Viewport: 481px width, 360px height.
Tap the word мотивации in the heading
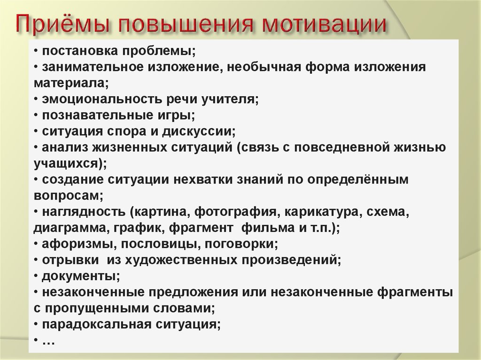pyautogui.click(x=324, y=23)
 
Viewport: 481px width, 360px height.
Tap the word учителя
pyautogui.click(x=230, y=99)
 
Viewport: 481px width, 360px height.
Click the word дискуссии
pyautogui.click(x=199, y=131)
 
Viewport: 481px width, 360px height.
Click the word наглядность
pyautogui.click(x=84, y=212)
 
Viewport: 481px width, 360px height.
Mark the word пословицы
pyautogui.click(x=161, y=244)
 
